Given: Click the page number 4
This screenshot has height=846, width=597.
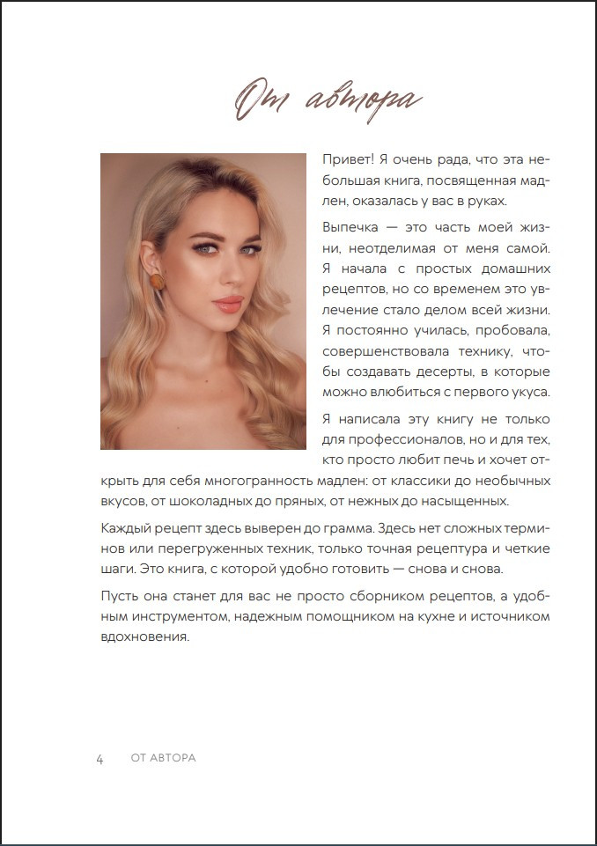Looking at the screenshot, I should pos(100,759).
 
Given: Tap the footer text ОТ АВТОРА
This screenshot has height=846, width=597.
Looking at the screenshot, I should pos(163,759).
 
